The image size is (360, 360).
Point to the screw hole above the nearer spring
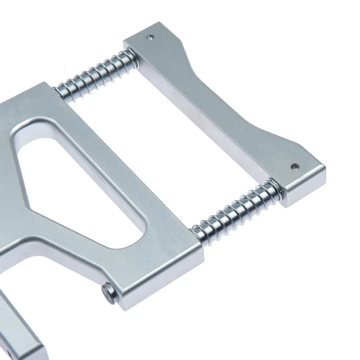click(x=295, y=166)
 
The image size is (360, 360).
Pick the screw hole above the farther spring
click(x=150, y=37)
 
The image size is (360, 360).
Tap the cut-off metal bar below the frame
click(x=18, y=327)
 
